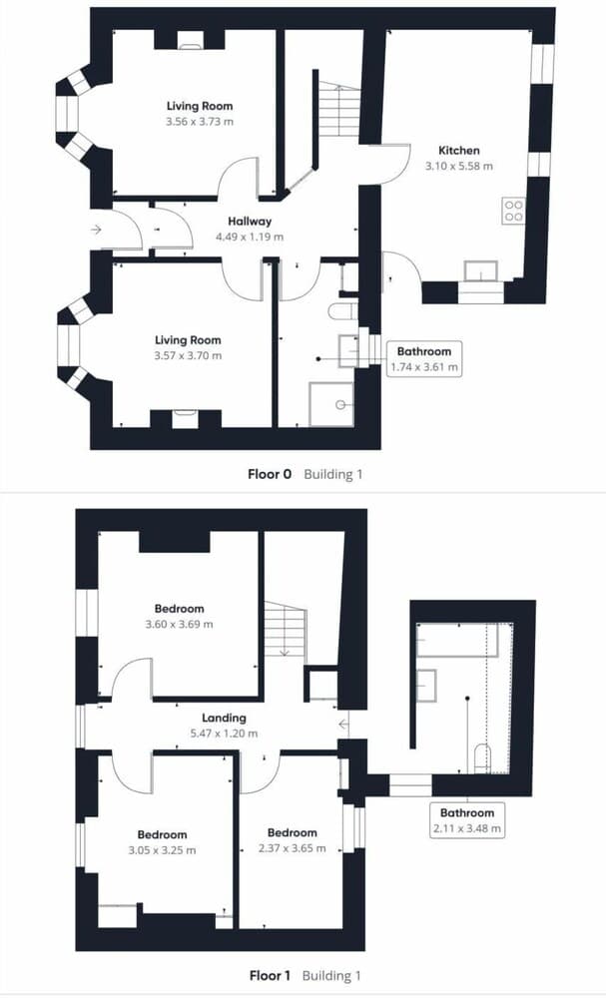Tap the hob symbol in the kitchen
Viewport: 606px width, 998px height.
[513, 211]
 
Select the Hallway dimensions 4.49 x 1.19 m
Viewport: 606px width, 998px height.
[250, 238]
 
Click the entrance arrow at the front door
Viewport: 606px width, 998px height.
[96, 230]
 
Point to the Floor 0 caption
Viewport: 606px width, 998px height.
[270, 474]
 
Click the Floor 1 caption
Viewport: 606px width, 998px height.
[270, 975]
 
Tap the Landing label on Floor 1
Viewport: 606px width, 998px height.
[224, 718]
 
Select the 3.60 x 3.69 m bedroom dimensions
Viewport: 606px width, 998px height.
[180, 625]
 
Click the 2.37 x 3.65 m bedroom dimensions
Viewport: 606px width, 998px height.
[293, 849]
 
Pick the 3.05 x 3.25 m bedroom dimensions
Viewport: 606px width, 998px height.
[162, 850]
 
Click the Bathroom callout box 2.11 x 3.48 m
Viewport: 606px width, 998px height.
[467, 818]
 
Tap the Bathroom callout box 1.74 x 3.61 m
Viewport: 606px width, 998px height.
[424, 359]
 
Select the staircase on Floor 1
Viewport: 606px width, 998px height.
[284, 631]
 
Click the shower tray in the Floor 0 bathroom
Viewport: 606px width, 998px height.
[331, 403]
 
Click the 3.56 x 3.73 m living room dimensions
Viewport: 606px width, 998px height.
[200, 122]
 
